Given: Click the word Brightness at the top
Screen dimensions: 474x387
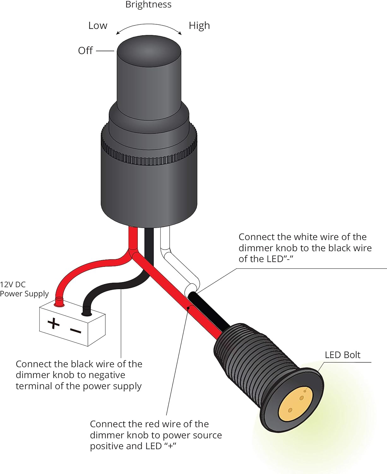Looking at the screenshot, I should click(x=148, y=5).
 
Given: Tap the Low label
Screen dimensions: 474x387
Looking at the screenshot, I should click(x=98, y=26).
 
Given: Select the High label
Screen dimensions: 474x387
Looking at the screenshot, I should click(x=199, y=26).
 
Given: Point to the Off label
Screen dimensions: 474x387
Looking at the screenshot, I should click(x=85, y=51).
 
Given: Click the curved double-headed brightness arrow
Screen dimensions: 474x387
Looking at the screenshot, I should click(x=149, y=27).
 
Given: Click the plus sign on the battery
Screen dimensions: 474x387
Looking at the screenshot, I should click(x=53, y=323).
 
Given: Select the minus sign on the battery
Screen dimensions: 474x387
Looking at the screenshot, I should click(x=76, y=331).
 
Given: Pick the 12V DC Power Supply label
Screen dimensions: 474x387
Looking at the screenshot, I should click(x=24, y=289).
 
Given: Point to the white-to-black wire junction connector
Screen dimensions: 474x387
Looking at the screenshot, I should click(x=191, y=289).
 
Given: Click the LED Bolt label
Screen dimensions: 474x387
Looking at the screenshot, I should click(x=342, y=355).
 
